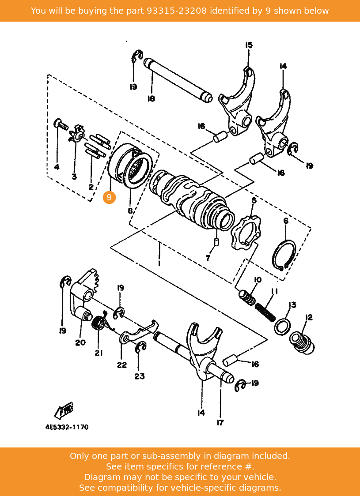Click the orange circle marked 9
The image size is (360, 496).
[x=109, y=197]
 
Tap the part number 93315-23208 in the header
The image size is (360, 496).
[x=177, y=11]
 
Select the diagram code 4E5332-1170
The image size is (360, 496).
[x=67, y=427]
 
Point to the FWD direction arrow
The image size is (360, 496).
[x=64, y=410]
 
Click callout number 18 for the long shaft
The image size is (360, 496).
[x=151, y=99]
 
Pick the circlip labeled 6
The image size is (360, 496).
[x=284, y=256]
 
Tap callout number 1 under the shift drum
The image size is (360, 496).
[x=159, y=263]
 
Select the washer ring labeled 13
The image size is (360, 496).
[x=281, y=327]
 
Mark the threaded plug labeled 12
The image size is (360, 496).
[x=302, y=342]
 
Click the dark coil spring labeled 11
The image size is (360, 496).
[x=265, y=312]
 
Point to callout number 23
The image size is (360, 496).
[x=139, y=376]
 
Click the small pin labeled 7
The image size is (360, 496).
[x=216, y=242]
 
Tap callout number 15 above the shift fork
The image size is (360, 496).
[x=249, y=45]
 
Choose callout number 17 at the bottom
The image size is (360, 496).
[x=220, y=422]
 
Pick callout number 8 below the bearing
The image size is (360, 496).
[x=130, y=210]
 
